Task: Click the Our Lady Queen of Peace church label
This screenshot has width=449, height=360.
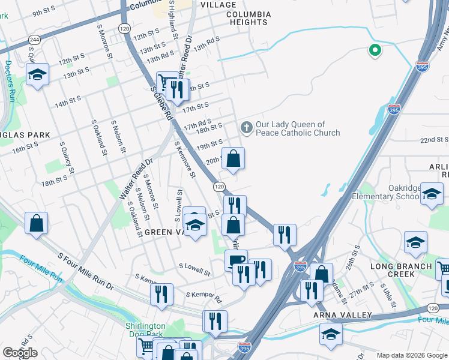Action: click(298, 129)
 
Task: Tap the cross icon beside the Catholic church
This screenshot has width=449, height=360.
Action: click(246, 127)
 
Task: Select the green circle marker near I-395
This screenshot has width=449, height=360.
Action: click(375, 51)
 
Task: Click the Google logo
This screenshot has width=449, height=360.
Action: click(20, 353)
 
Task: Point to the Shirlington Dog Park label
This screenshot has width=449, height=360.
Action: click(145, 331)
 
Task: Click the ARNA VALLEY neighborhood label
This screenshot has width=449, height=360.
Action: click(343, 315)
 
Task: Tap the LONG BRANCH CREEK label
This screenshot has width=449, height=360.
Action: click(401, 270)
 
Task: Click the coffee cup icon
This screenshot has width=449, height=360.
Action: click(236, 259)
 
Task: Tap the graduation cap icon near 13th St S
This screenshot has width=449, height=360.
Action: click(37, 75)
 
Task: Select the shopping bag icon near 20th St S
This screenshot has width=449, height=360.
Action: click(234, 158)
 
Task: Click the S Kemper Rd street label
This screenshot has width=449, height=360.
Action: click(204, 296)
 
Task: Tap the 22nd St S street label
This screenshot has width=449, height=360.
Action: click(434, 140)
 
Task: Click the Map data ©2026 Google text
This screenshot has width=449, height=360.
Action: click(411, 355)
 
